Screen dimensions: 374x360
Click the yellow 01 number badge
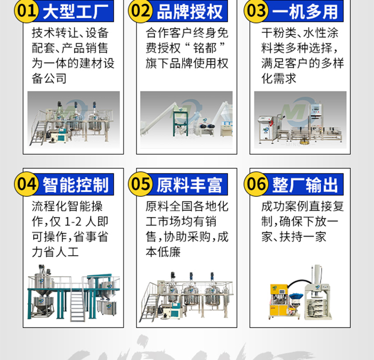(26, 11)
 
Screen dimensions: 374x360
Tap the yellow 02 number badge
(141, 11)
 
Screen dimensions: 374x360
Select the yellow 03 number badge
(256, 11)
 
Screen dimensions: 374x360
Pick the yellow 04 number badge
(26, 184)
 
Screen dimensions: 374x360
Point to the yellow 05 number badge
(141, 184)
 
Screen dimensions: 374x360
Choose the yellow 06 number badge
(256, 184)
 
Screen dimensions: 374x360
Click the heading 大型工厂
(75, 11)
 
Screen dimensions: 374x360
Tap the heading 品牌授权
(189, 11)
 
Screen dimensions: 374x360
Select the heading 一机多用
(305, 11)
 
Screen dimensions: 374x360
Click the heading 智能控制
(75, 185)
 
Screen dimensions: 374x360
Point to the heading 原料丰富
(189, 185)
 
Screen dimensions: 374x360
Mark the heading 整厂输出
(305, 185)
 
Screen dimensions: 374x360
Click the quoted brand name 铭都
(204, 48)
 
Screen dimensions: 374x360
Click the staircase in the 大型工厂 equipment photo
(38, 133)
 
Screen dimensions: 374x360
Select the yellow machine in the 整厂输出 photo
(279, 301)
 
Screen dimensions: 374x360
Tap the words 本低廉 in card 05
(163, 252)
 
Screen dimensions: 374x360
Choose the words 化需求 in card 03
(279, 78)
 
